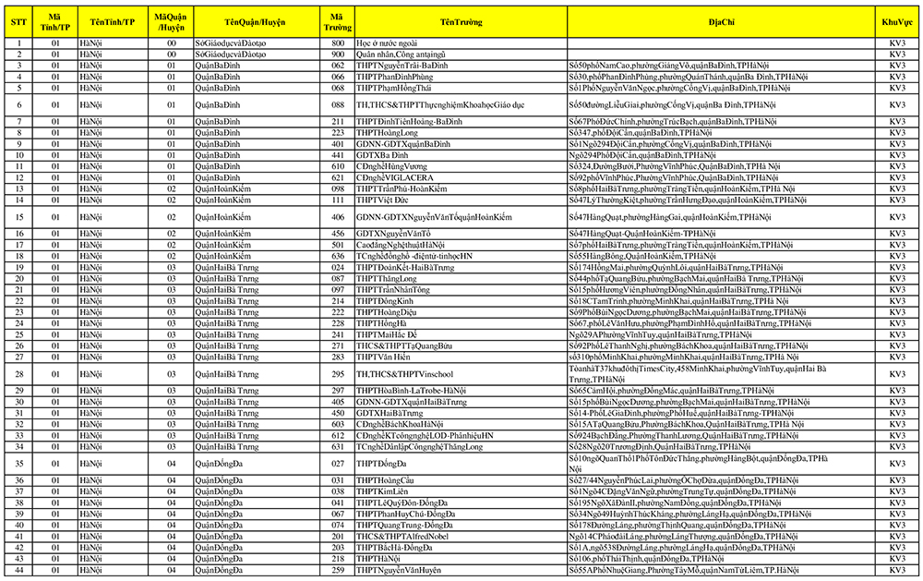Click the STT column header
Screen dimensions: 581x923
[18, 19]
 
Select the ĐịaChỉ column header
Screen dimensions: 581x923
[722, 19]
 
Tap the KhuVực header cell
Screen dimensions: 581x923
[898, 19]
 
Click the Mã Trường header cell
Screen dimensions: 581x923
[338, 19]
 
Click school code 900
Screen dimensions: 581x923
[338, 54]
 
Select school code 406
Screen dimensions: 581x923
[338, 217]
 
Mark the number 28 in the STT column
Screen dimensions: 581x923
[18, 374]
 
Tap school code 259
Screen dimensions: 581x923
[338, 570]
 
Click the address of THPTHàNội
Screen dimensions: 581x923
[646, 559]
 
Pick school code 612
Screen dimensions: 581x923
[338, 436]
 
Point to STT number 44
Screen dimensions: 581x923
[18, 570]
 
